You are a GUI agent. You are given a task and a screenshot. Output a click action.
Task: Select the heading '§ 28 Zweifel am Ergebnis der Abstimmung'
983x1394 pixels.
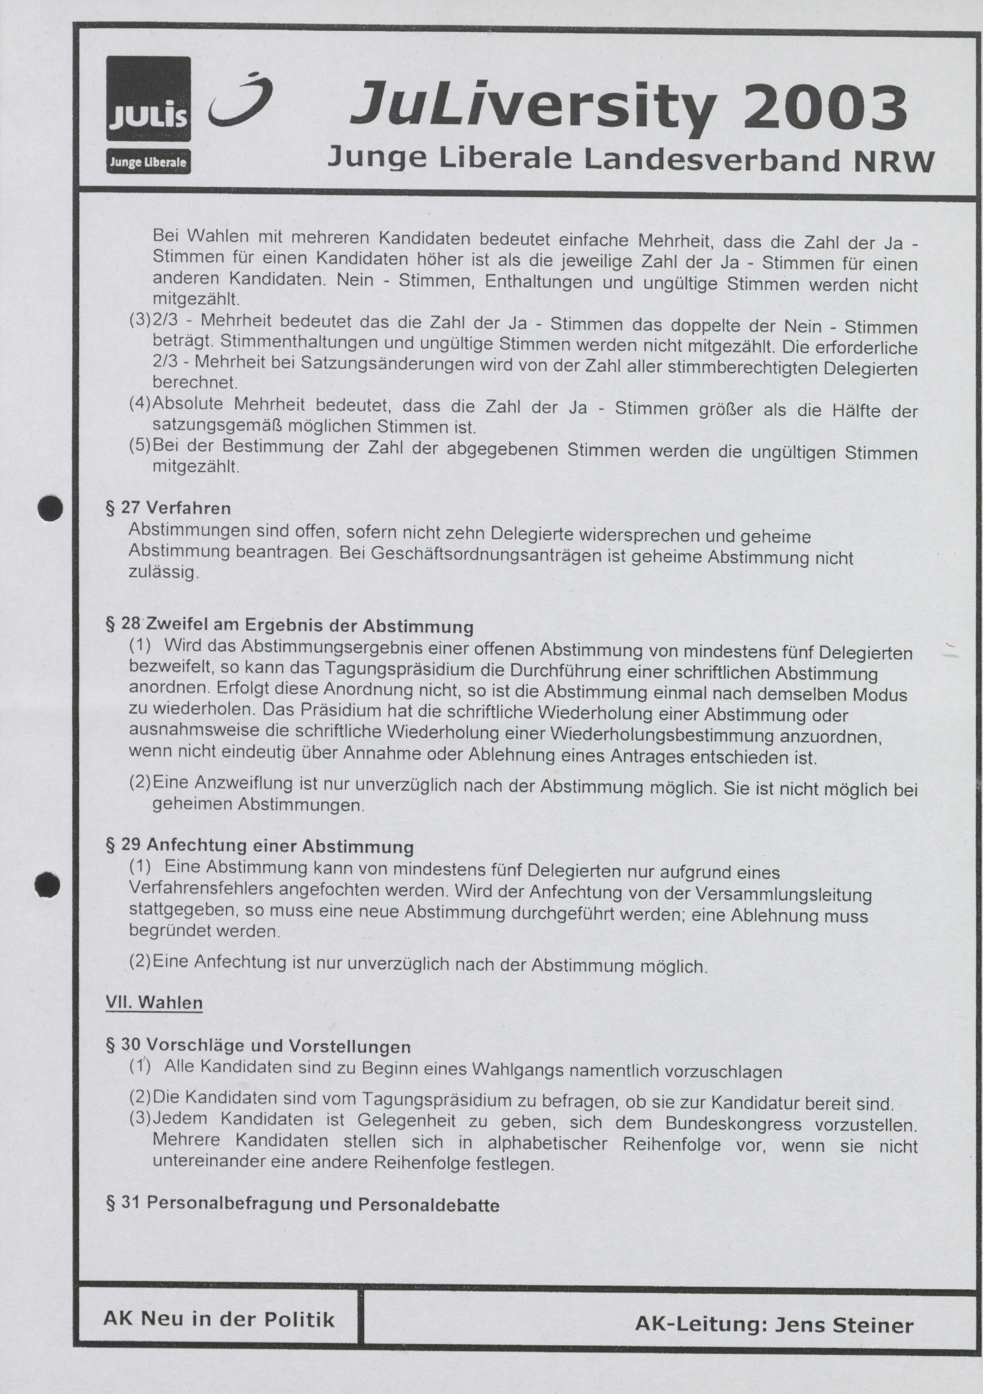tap(289, 625)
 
